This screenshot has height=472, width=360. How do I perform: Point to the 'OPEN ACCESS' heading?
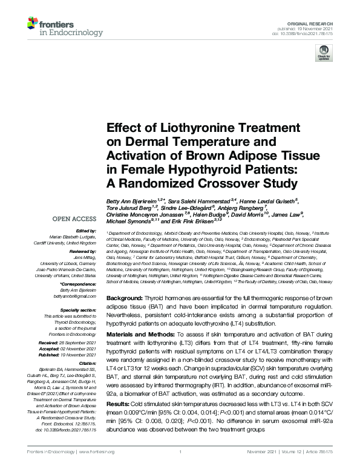(x=74, y=218)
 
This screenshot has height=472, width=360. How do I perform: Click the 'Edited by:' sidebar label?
(x=86, y=231)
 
